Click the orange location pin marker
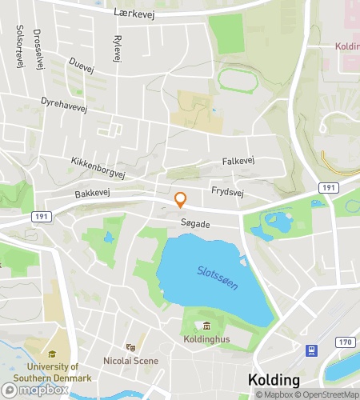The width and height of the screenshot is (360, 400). click(181, 199)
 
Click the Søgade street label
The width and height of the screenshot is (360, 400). click(194, 225)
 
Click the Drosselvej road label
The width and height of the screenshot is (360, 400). click(39, 52)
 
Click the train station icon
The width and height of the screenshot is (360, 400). click(309, 350)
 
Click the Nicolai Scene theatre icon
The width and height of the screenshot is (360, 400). click(130, 347)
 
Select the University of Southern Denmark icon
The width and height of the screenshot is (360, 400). click(52, 354)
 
